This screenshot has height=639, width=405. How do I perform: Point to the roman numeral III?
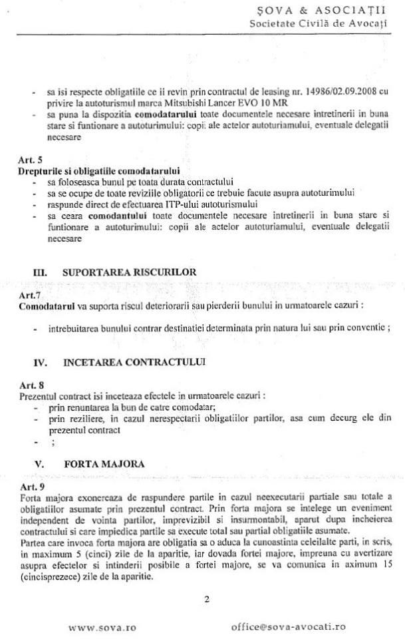pos(40,272)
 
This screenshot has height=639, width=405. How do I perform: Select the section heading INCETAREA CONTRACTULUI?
pos(134,363)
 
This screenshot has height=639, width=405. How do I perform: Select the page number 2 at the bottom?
pos(207,599)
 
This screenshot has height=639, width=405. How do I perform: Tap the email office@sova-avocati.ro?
pos(288,626)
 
